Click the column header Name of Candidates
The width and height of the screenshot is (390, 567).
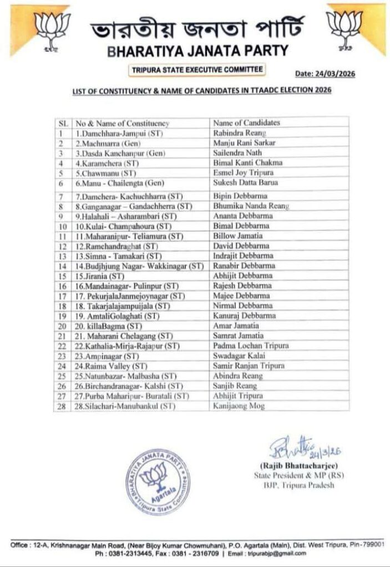point(246,123)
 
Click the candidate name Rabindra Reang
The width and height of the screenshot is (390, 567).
point(239,133)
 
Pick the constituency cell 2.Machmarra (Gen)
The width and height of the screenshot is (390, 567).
point(105,143)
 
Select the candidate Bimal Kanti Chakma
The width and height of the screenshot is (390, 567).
point(247,163)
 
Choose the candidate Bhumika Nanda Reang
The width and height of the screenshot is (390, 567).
point(250,206)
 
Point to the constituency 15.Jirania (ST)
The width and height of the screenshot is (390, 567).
point(100,276)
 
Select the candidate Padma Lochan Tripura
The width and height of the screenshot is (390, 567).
point(251,346)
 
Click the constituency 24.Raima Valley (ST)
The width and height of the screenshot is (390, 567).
point(108,365)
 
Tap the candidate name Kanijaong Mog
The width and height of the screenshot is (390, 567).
point(239,406)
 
